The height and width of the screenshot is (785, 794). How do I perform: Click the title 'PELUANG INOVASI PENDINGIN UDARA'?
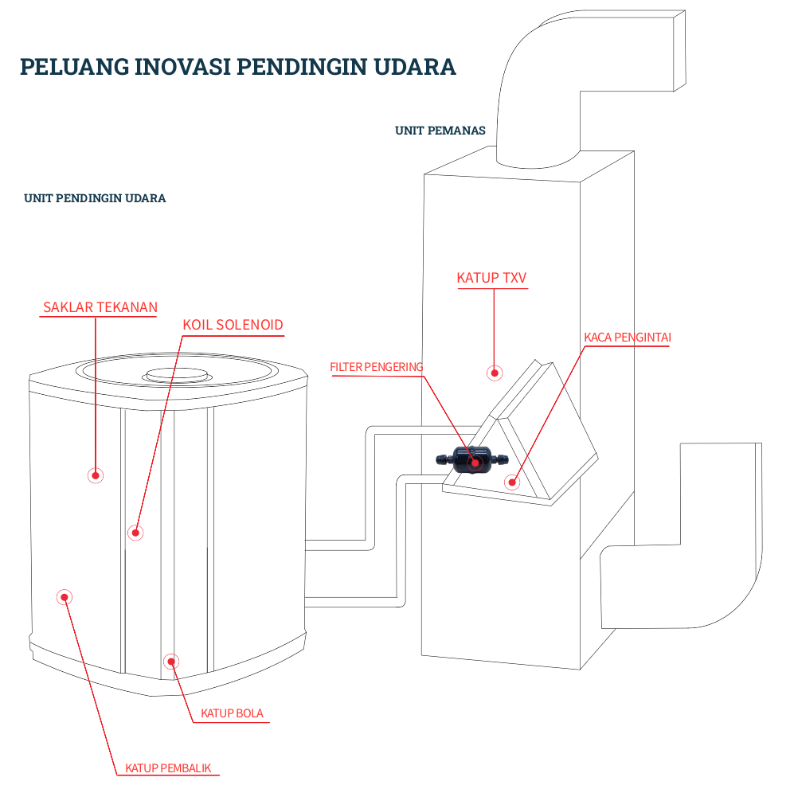pos(237,66)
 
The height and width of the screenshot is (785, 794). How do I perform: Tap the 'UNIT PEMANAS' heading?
pos(440,131)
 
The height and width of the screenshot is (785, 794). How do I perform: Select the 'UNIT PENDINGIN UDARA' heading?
pos(95,198)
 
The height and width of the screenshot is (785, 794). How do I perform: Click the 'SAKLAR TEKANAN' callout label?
pos(100,307)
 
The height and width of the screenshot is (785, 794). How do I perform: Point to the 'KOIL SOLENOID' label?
pos(233,325)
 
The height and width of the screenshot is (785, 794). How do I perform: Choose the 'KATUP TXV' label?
pos(491,278)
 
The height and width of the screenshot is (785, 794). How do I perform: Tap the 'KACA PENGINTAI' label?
pos(627,338)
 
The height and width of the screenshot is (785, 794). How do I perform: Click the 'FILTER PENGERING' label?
pos(376,367)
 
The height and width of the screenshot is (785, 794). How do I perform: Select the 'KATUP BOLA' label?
pos(231,713)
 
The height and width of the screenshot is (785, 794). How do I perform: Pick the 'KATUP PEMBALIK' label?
pos(167,768)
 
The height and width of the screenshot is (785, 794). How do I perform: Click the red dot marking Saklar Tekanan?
pos(96,475)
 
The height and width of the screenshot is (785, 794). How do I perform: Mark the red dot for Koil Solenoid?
pos(135,532)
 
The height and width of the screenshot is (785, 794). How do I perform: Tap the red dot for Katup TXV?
pos(495,372)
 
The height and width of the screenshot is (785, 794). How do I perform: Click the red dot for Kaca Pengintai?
pos(512,481)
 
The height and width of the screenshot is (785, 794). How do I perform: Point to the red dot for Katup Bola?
pos(170,661)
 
